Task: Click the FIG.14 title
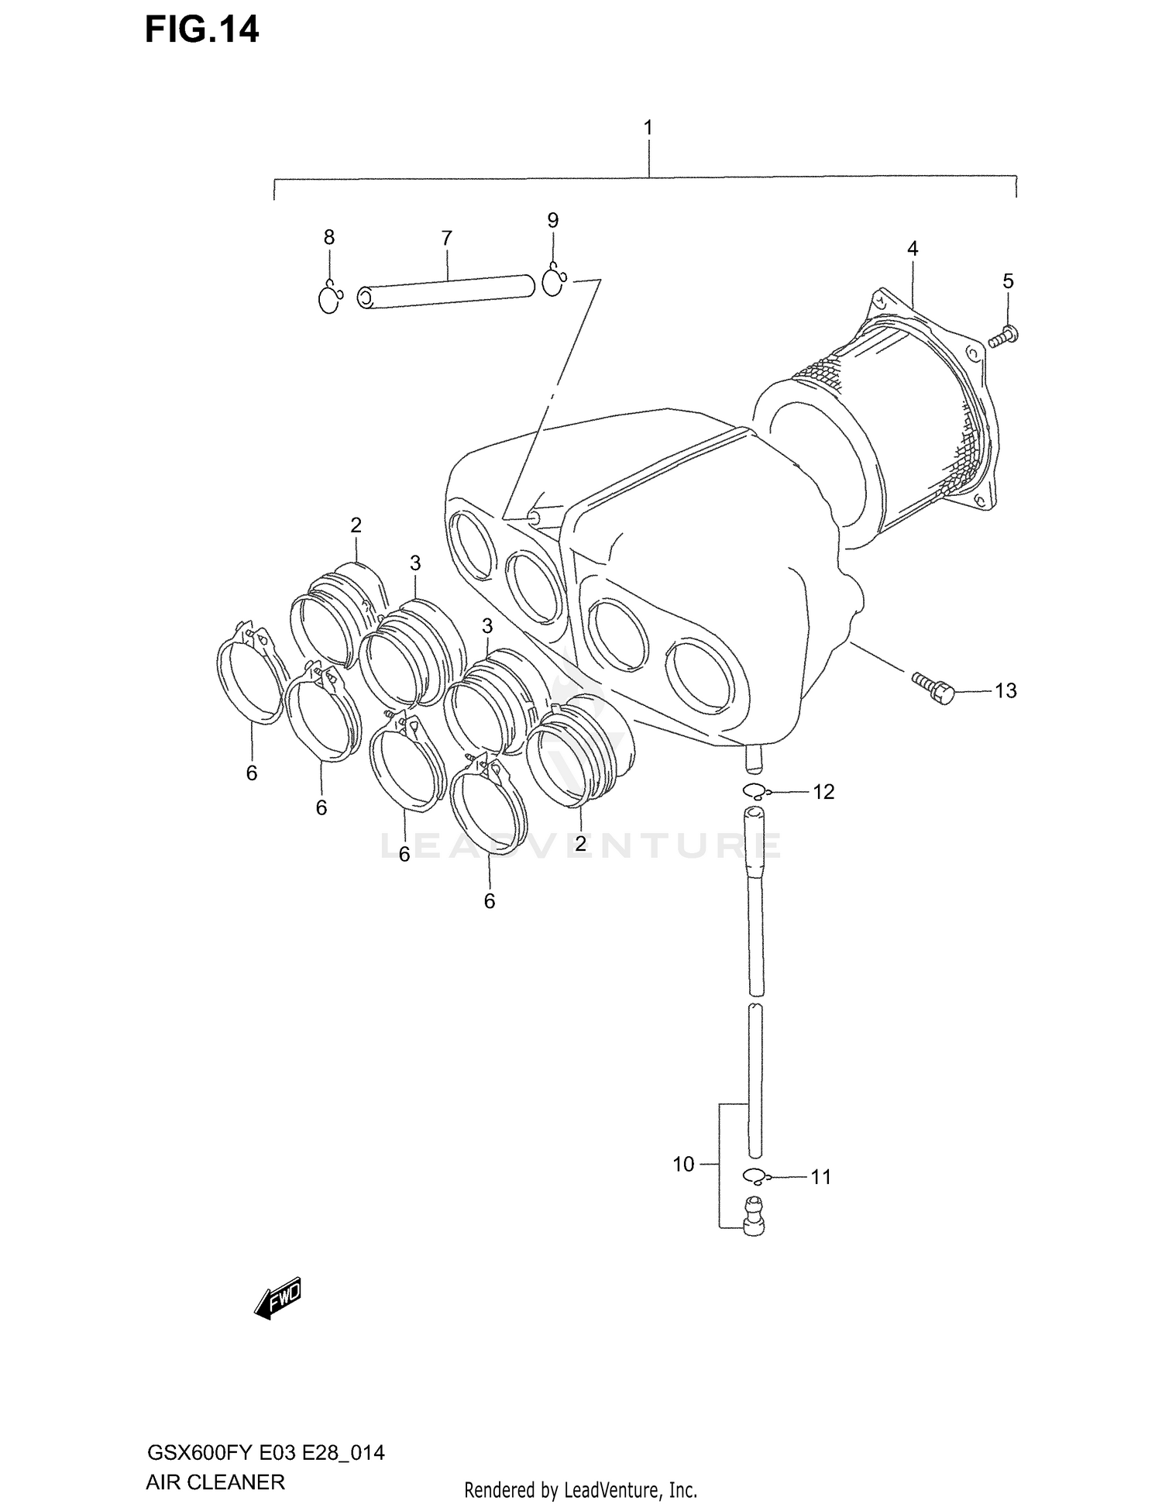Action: (x=201, y=31)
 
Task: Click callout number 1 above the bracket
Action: (x=648, y=128)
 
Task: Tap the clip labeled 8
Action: (x=330, y=300)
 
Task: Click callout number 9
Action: (x=552, y=221)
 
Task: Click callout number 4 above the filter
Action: (x=913, y=249)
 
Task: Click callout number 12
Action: (x=823, y=792)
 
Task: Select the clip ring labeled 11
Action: (x=755, y=1176)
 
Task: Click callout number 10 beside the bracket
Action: (x=683, y=1164)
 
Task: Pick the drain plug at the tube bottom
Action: (x=753, y=1216)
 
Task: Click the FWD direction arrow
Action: (x=277, y=1299)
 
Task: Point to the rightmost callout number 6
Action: (x=489, y=901)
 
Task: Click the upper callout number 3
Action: (x=415, y=563)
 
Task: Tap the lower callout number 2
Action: (x=580, y=843)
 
